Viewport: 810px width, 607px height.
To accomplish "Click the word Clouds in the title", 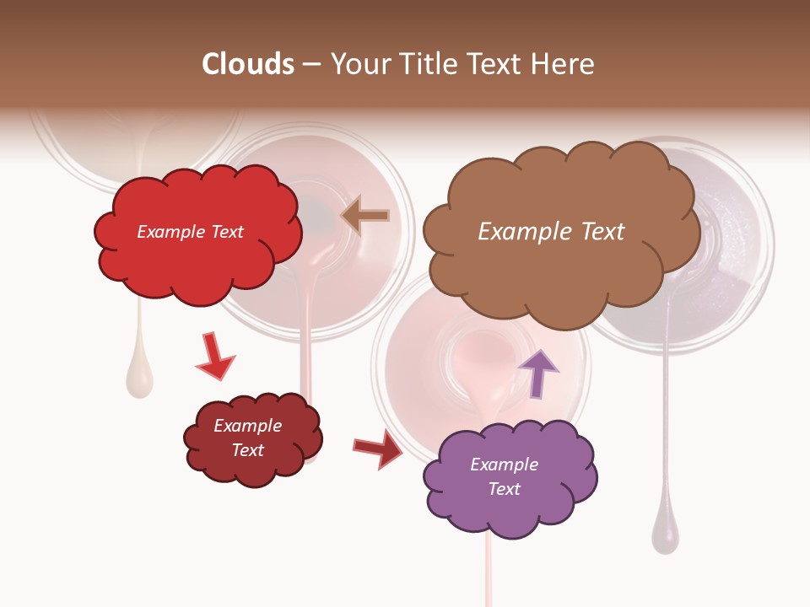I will (x=247, y=64).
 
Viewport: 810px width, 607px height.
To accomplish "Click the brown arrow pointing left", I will (x=366, y=216).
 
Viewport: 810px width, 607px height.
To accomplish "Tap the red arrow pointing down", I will (x=213, y=356).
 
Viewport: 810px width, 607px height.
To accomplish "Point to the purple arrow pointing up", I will (x=538, y=372).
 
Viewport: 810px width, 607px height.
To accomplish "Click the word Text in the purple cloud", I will (x=504, y=489).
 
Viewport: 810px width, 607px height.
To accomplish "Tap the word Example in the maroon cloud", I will (x=247, y=426).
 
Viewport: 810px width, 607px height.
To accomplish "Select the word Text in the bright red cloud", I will (x=225, y=232).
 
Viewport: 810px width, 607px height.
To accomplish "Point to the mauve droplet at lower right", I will (x=665, y=531).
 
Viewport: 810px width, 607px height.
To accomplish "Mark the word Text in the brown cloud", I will (x=602, y=232).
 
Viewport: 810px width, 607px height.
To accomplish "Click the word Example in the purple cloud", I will (x=504, y=465).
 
